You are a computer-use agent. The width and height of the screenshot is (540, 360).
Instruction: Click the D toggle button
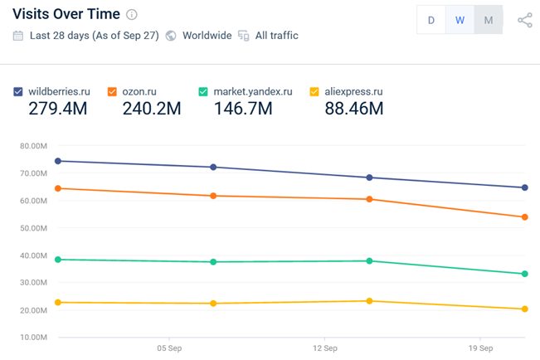(x=431, y=20)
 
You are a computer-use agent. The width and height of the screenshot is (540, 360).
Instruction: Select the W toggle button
(x=460, y=20)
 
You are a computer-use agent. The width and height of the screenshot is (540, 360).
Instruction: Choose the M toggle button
(x=488, y=20)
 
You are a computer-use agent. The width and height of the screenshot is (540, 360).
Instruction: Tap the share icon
(x=524, y=20)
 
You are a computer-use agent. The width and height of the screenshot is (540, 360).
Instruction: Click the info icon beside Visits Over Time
(x=132, y=15)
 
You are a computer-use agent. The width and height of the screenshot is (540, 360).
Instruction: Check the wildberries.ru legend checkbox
(x=18, y=91)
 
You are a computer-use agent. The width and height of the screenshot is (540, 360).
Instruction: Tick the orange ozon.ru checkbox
(x=111, y=91)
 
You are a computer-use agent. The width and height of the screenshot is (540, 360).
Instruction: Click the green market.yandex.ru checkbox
(x=203, y=91)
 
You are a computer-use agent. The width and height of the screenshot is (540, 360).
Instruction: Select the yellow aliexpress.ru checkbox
(x=314, y=91)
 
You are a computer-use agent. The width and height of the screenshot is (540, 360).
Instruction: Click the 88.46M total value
(x=353, y=109)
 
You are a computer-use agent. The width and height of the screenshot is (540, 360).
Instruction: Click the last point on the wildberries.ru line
(x=525, y=187)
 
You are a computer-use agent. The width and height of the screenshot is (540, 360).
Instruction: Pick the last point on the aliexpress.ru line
(x=525, y=309)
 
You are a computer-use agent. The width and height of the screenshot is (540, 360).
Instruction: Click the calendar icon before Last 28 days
(x=18, y=36)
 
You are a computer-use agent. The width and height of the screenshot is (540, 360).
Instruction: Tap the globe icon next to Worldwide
(x=170, y=36)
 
